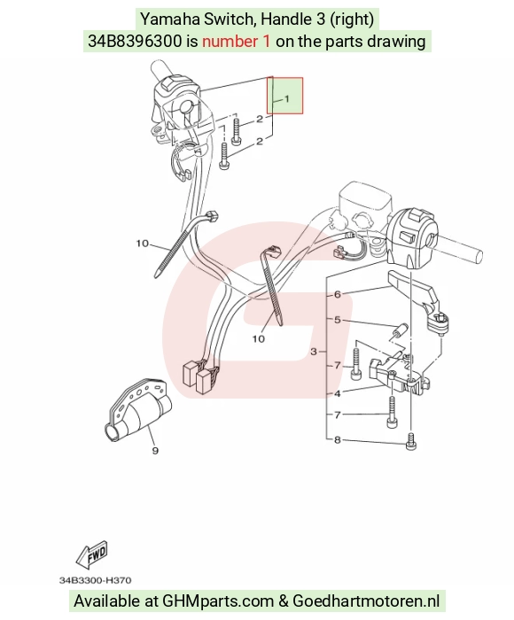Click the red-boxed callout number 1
pyautogui.click(x=287, y=98)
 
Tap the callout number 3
pyautogui.click(x=314, y=351)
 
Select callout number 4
pyautogui.click(x=337, y=393)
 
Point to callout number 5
pyautogui.click(x=337, y=320)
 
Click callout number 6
pyautogui.click(x=337, y=294)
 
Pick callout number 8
pyautogui.click(x=337, y=439)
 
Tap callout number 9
pyautogui.click(x=155, y=450)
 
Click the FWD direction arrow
pyautogui.click(x=92, y=554)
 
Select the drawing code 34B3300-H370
pyautogui.click(x=96, y=580)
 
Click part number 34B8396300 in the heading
pyautogui.click(x=135, y=41)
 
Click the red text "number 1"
pyautogui.click(x=237, y=41)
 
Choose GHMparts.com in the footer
pyautogui.click(x=218, y=601)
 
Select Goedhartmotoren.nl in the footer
pyautogui.click(x=366, y=601)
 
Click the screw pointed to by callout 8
pyautogui.click(x=411, y=441)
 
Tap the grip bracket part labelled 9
pyautogui.click(x=137, y=408)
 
